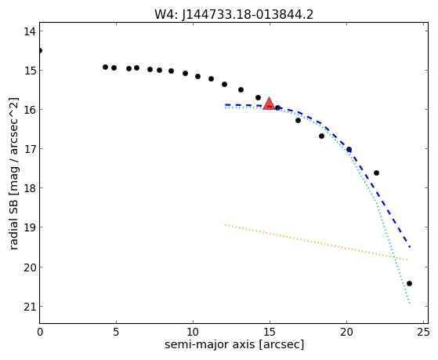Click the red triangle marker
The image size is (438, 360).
[269, 104]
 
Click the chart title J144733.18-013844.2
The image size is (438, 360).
[248, 14]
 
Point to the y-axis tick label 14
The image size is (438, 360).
[30, 31]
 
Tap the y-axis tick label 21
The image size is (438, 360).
[30, 307]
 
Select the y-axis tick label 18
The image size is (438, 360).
[30, 188]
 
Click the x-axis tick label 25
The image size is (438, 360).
[423, 333]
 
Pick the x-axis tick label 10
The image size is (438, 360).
[193, 333]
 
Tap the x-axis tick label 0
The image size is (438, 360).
[40, 333]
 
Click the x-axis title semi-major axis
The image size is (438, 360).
[209, 344]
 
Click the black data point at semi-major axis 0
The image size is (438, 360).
[40, 51]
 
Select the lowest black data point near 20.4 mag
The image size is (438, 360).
[409, 284]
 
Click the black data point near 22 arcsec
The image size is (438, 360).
[376, 173]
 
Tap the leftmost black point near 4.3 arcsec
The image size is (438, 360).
[105, 67]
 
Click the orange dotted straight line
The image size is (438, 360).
[317, 242]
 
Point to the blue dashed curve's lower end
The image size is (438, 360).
[410, 247]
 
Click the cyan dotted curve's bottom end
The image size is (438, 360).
[410, 303]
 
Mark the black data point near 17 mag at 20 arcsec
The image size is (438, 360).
[349, 150]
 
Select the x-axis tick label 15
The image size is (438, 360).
[270, 333]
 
